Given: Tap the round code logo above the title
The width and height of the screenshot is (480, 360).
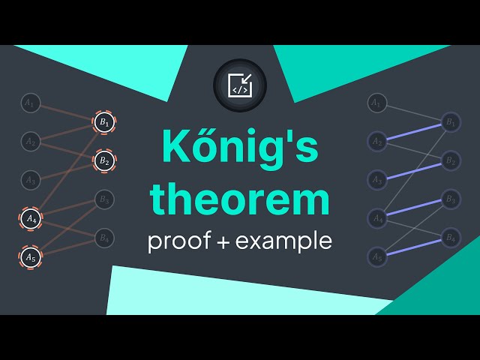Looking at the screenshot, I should point(240,85).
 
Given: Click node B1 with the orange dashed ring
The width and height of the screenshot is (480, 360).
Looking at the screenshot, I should point(104,121).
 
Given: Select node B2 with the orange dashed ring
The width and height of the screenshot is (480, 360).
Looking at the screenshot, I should point(104,160).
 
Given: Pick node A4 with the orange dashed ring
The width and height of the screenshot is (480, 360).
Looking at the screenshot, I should point(30,218).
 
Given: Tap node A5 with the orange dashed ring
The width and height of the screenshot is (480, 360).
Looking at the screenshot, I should point(30,257).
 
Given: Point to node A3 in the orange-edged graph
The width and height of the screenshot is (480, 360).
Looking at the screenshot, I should point(30,179).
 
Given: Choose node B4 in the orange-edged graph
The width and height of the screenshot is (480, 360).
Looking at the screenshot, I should point(104,238).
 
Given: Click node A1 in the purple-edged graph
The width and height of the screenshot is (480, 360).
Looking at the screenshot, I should point(377,103).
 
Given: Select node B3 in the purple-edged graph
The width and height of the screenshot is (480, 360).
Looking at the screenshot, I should point(450,199).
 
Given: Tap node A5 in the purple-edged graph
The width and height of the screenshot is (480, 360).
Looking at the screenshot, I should point(377,257).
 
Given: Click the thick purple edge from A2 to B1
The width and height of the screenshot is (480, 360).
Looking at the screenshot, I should point(413,131).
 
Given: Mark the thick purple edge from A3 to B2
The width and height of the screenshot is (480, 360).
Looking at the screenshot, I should point(413,169).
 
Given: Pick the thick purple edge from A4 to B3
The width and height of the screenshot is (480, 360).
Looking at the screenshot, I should point(413,208).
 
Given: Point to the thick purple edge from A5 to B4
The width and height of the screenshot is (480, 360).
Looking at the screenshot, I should point(413,247).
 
